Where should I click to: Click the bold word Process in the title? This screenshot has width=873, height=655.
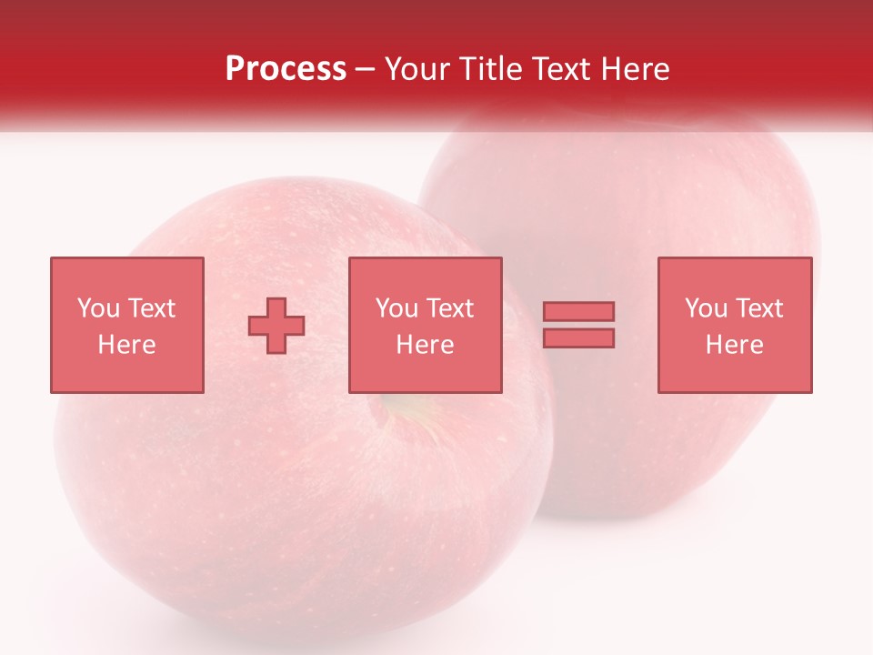[x=286, y=69]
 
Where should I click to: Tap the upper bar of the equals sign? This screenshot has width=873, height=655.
[x=578, y=311]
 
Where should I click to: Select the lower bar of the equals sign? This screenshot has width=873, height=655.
[x=578, y=338]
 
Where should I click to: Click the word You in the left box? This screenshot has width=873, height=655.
[x=98, y=308]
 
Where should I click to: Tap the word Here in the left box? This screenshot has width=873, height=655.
[x=126, y=345]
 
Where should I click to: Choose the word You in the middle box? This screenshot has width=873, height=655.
[x=396, y=308]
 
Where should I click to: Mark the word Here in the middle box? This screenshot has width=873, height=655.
[x=425, y=345]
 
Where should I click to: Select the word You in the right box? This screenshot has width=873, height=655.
[x=706, y=308]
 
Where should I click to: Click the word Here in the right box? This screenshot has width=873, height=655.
[x=734, y=345]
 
